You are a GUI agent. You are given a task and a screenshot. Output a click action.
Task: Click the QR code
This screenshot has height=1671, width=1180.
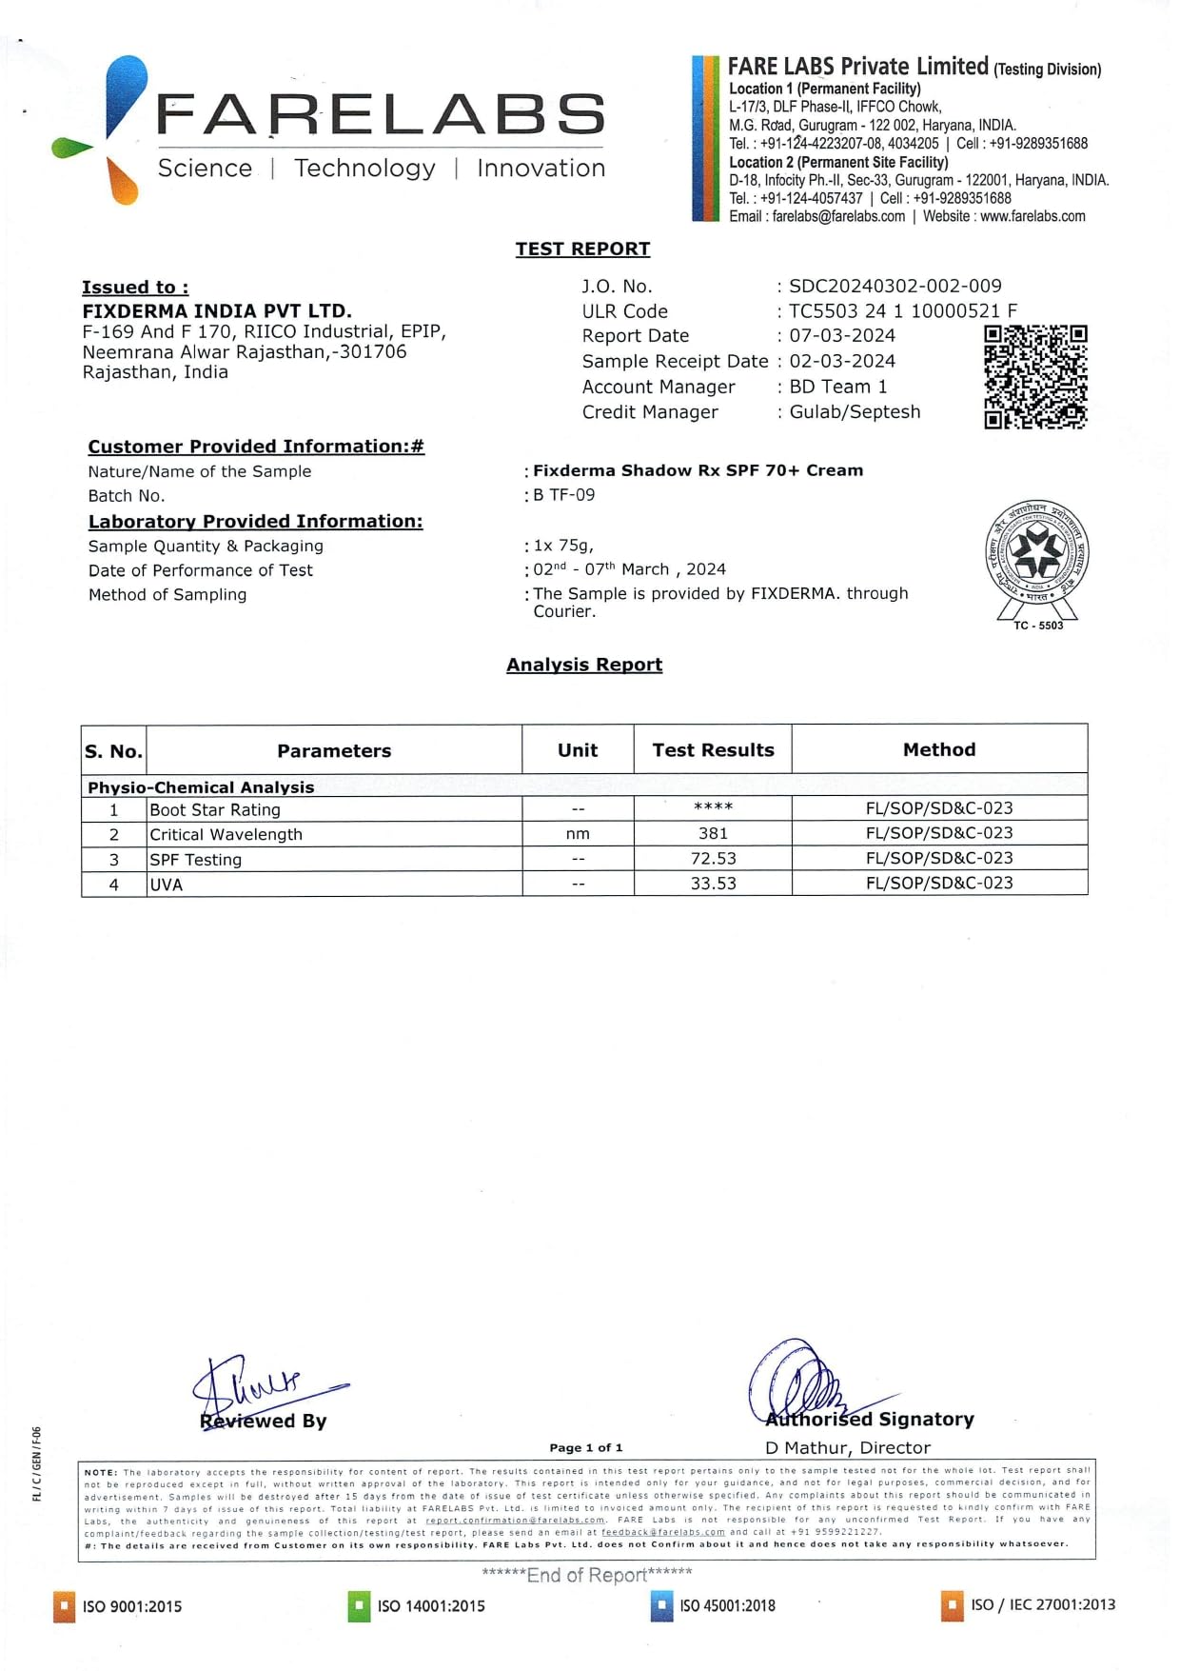(x=1035, y=377)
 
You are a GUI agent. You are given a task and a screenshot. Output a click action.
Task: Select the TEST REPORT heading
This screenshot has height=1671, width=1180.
(x=582, y=249)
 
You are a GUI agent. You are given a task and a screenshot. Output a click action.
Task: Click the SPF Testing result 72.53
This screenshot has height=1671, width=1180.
(x=713, y=859)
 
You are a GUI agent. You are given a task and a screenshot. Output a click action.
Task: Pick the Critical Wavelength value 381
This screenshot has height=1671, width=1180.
(x=713, y=833)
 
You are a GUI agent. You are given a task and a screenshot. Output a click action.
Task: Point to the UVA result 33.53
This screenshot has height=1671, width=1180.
(x=713, y=884)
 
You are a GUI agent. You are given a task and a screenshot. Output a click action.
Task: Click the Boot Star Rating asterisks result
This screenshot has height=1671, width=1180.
(x=713, y=807)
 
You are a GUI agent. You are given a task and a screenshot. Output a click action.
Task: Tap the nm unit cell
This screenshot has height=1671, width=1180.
(x=578, y=834)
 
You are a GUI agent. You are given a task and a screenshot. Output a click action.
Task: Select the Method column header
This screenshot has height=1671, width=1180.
(x=939, y=750)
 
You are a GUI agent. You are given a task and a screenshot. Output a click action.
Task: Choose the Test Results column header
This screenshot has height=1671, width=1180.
(x=713, y=750)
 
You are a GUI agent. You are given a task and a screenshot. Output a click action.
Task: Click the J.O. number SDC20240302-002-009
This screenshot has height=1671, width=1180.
(x=895, y=286)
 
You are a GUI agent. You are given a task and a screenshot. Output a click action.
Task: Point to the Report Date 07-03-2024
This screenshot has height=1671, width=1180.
(x=842, y=336)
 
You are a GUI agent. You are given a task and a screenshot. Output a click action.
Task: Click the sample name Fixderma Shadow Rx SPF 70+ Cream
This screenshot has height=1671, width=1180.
(x=698, y=470)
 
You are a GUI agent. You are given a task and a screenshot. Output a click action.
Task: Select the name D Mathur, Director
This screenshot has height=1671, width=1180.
(x=848, y=1448)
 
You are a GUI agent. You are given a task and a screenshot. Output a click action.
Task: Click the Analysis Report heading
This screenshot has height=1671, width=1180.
(x=584, y=665)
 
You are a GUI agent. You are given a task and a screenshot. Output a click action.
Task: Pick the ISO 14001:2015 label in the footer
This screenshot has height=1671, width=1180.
(x=431, y=1606)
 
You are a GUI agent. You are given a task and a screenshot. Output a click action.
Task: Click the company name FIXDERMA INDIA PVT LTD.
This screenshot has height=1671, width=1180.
(x=217, y=311)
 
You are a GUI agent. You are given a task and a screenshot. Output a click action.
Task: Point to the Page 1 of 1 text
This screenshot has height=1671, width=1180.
(x=586, y=1448)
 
